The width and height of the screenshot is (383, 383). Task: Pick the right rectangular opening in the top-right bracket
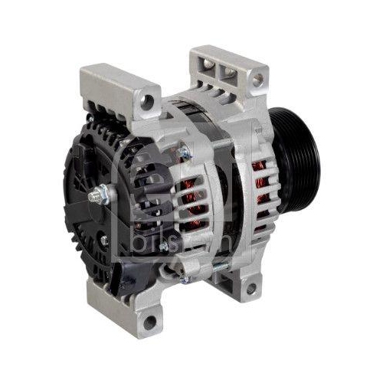(228, 70)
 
